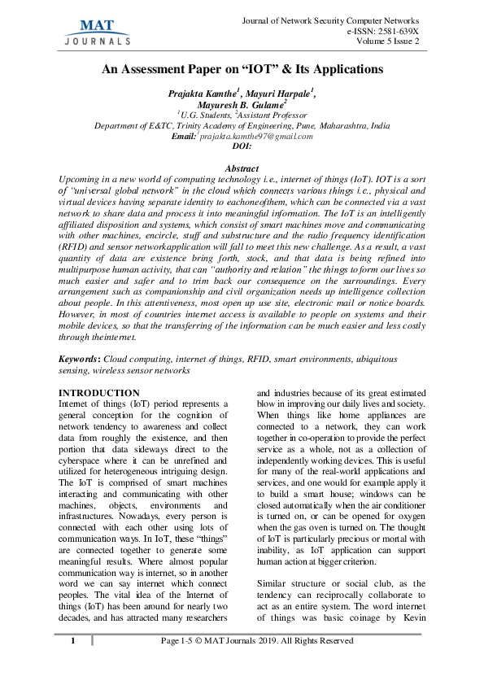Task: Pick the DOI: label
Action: pyautogui.click(x=242, y=147)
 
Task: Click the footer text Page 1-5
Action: pyautogui.click(x=182, y=664)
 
